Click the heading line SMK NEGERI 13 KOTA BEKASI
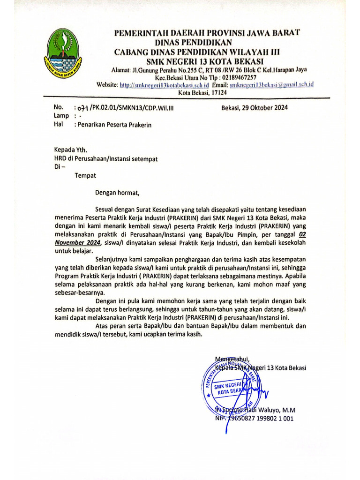(x=205, y=61)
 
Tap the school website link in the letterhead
(x=164, y=85)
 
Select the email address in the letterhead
(x=270, y=85)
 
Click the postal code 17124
(x=211, y=92)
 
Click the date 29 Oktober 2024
(x=255, y=107)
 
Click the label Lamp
(x=61, y=116)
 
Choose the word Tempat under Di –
(x=85, y=175)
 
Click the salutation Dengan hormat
(x=117, y=192)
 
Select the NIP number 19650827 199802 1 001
(x=260, y=419)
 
